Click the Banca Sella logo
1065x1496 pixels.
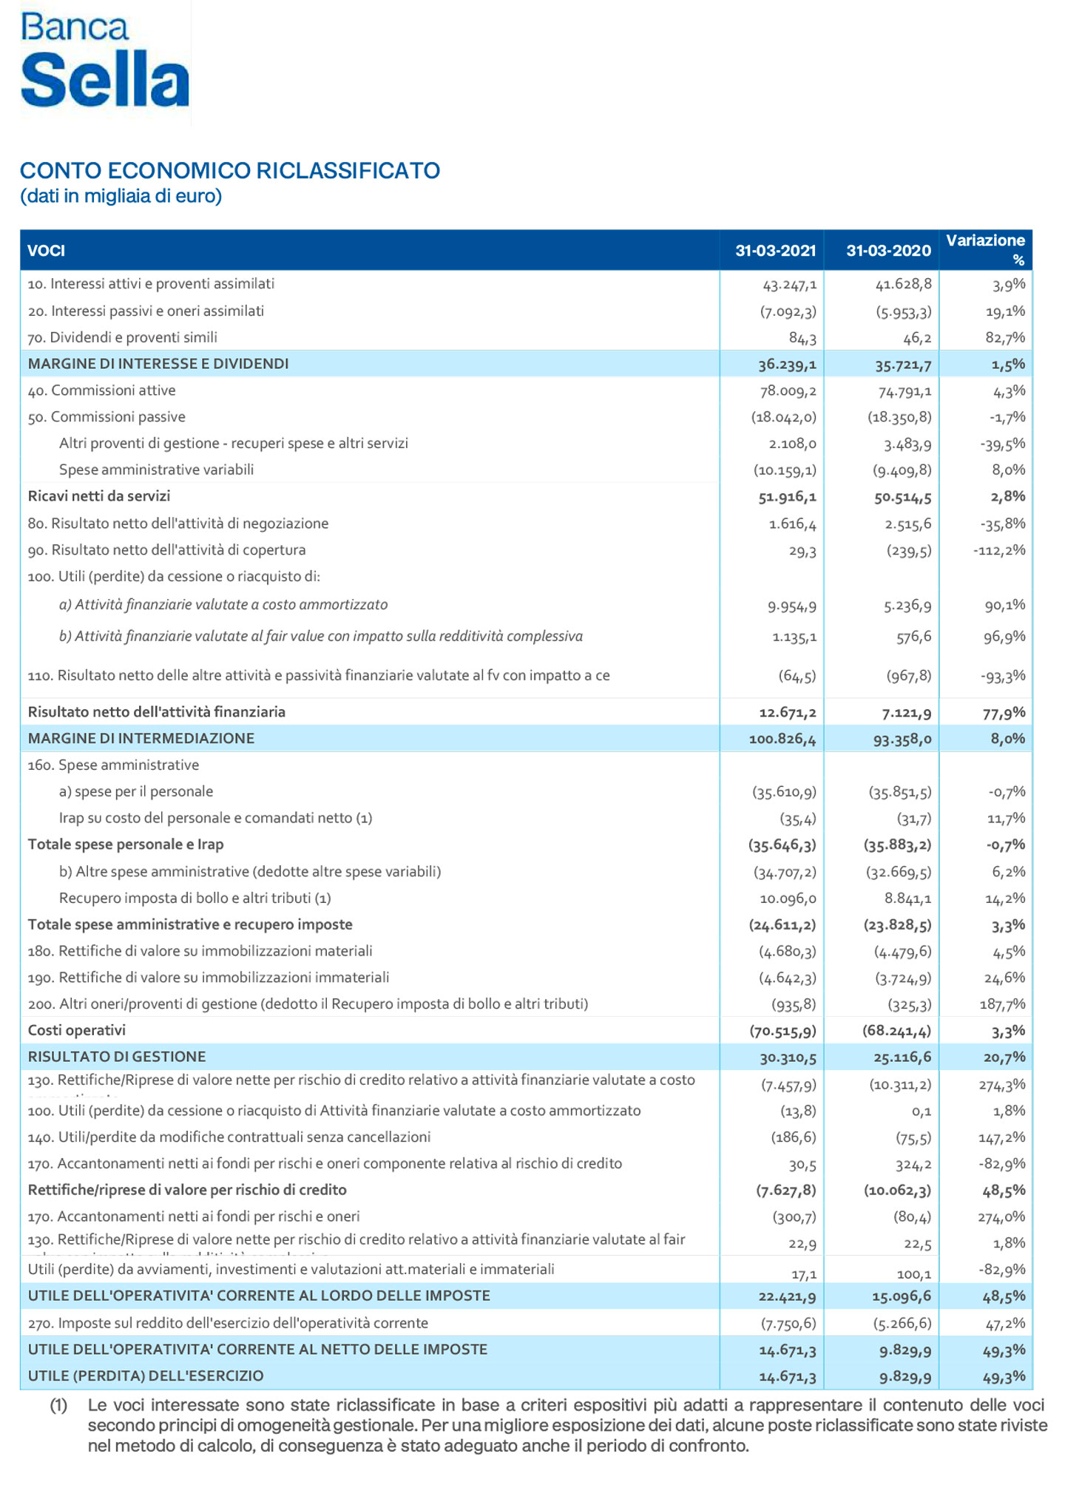(x=104, y=61)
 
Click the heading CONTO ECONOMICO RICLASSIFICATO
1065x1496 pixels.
(x=230, y=171)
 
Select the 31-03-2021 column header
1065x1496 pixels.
(x=775, y=251)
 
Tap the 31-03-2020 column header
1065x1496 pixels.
(x=888, y=251)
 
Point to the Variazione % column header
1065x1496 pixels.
(x=985, y=249)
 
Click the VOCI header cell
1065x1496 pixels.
(x=47, y=251)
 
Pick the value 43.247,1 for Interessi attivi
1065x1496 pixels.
(x=789, y=284)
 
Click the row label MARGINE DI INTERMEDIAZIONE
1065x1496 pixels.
(x=141, y=738)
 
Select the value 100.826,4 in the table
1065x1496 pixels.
(x=782, y=739)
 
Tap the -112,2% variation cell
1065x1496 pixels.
(x=998, y=550)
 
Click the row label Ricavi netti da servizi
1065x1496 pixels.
(x=99, y=496)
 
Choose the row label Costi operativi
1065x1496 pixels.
(x=77, y=1030)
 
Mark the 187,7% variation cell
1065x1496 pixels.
(x=1004, y=1004)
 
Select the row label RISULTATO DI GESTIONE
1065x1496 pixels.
(x=117, y=1057)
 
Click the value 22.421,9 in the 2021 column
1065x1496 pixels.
(x=787, y=1296)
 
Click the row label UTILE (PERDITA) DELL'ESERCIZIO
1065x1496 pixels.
(x=146, y=1375)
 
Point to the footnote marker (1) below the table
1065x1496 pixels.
(x=58, y=1404)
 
